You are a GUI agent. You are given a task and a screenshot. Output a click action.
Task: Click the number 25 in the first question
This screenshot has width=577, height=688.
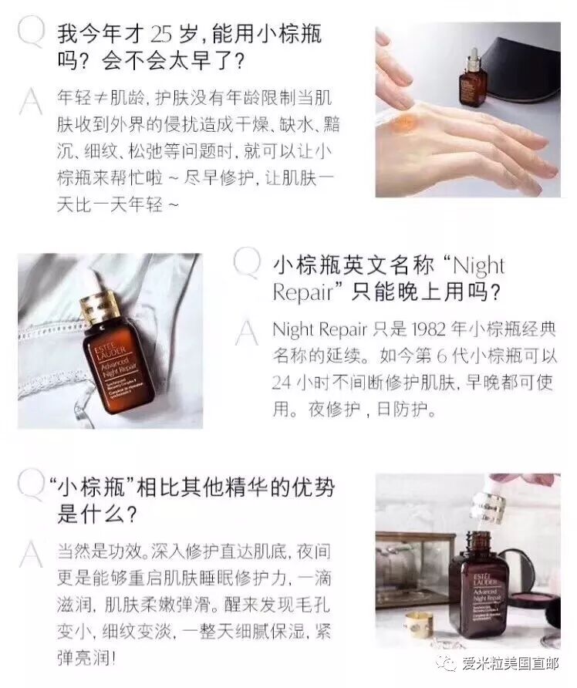(x=160, y=34)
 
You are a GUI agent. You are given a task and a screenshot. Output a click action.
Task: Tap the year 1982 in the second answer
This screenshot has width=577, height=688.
(x=429, y=329)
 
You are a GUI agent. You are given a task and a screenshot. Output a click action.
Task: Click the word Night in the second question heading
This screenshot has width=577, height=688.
(x=479, y=266)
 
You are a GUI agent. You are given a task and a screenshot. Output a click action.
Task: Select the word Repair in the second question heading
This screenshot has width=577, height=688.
(x=302, y=292)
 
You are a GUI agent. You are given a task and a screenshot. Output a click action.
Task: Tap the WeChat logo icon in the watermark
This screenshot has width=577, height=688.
(x=448, y=663)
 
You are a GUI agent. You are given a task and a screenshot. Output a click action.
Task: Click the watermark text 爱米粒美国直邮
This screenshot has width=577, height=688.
(x=510, y=663)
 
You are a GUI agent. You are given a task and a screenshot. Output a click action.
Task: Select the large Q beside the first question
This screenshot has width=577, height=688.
(x=31, y=31)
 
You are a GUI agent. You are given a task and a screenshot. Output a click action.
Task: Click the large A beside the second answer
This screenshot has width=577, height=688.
(x=247, y=332)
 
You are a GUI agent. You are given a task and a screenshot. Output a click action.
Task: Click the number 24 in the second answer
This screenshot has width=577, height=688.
(x=282, y=383)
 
